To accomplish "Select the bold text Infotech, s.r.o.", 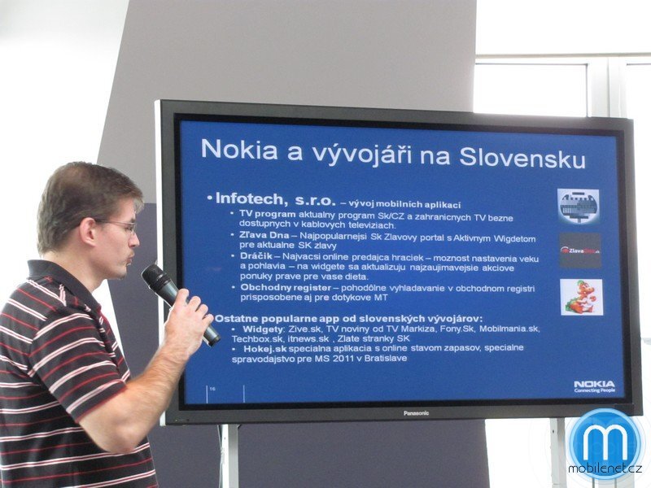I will (267, 198).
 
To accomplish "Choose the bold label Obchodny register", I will (285, 287).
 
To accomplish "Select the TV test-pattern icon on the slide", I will (579, 206).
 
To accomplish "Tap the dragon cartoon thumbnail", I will (581, 297).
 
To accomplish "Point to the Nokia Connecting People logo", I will (594, 386).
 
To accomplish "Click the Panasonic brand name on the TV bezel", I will (416, 413).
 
